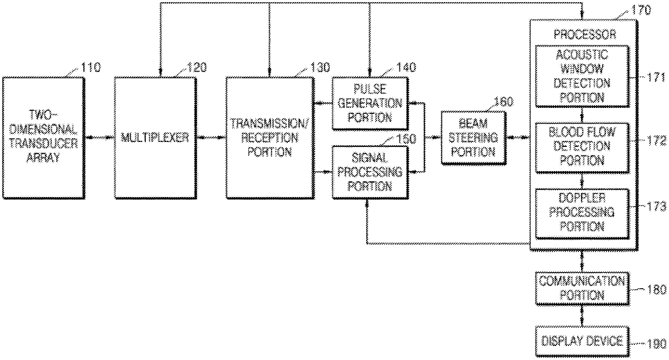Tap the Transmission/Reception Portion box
(269, 137)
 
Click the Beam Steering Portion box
(474, 138)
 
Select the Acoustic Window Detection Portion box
(582, 76)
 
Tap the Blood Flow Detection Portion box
(582, 146)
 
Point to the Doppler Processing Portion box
(582, 213)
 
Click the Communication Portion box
(582, 288)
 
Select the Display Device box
(582, 341)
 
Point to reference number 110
(90, 67)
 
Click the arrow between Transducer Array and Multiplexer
(99, 138)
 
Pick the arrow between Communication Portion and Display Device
(582, 315)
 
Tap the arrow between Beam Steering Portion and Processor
(518, 138)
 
